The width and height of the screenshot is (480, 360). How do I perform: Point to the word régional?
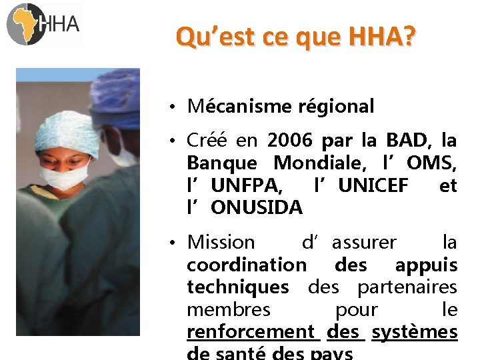[x=338, y=106]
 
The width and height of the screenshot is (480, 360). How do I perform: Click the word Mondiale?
[x=317, y=163]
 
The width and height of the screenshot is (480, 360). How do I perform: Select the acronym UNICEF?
[x=373, y=185]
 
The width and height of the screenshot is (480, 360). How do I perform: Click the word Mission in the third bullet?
[x=221, y=243]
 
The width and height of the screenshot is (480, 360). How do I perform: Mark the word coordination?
[x=246, y=265]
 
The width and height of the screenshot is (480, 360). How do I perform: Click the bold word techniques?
[x=238, y=287]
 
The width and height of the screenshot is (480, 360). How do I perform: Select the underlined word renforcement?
[x=251, y=331]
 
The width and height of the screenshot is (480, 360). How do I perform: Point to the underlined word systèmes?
[x=415, y=331]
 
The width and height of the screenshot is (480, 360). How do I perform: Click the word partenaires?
[x=407, y=287]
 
